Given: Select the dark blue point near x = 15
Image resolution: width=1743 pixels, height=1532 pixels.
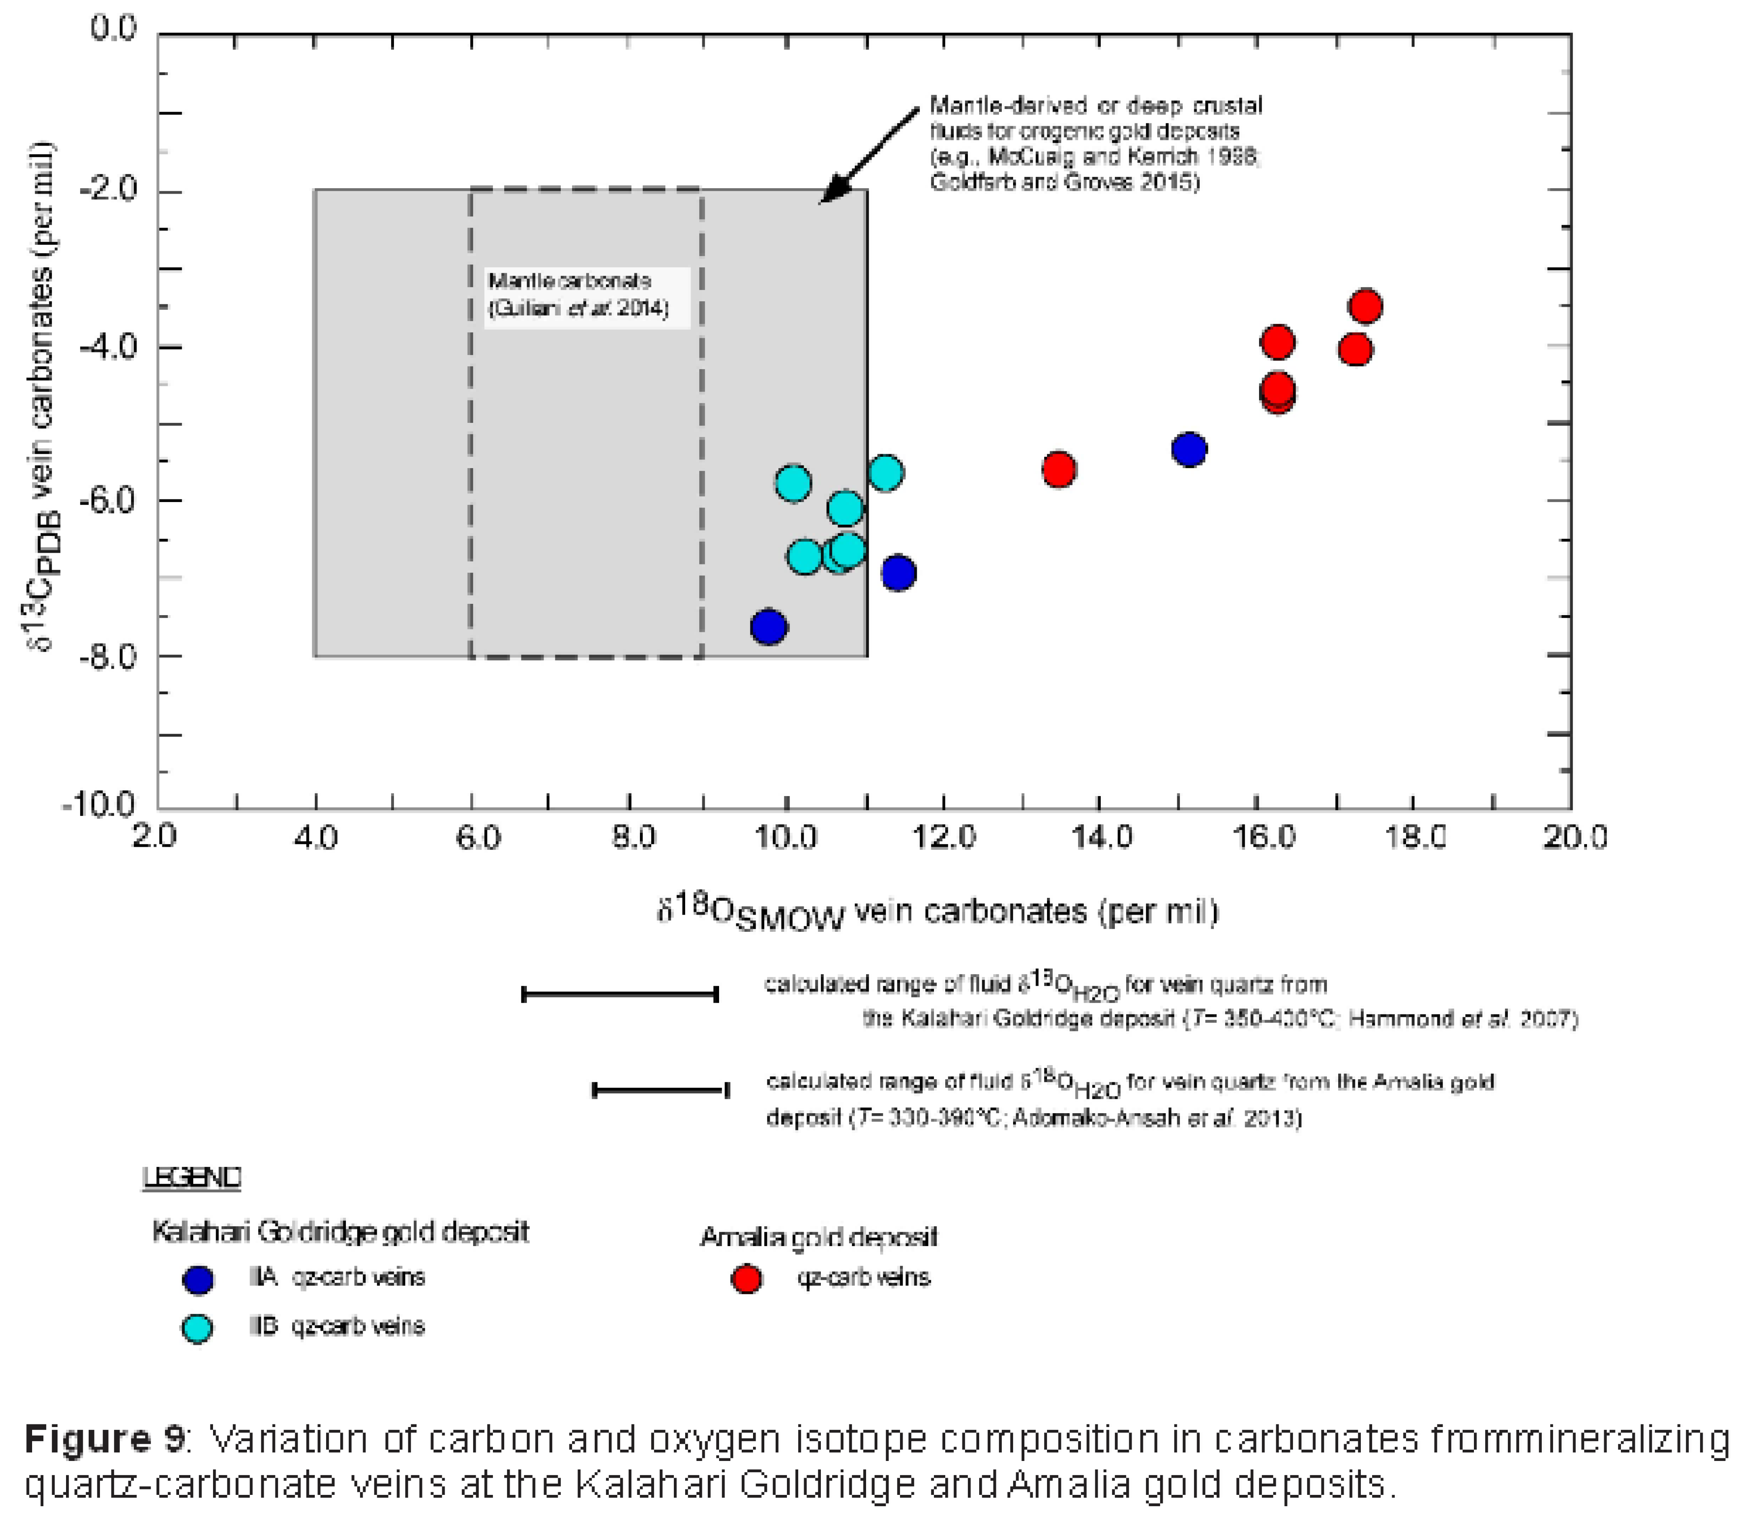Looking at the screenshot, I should click(1189, 449).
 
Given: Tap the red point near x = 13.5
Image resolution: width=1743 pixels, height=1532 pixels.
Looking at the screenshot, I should click(1058, 469).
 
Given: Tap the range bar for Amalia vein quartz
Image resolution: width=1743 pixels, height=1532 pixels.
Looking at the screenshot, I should click(660, 1089).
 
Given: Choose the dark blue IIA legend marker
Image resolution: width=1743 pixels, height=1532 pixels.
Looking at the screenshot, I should click(198, 1279).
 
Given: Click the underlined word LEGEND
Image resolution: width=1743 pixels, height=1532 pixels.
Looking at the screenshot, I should click(192, 1177).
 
